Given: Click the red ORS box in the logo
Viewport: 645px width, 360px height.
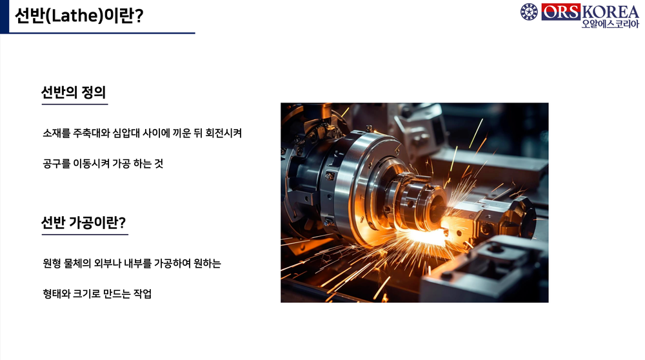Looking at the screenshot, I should [560, 12].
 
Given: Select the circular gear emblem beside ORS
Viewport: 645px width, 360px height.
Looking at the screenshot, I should [529, 12].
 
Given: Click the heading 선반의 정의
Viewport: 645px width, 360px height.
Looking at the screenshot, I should [73, 92].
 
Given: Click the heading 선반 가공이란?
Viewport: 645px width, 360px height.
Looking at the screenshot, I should [83, 223].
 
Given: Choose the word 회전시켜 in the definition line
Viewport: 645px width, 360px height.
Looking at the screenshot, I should [224, 134].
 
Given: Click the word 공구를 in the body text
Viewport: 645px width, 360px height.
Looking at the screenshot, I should [55, 164].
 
